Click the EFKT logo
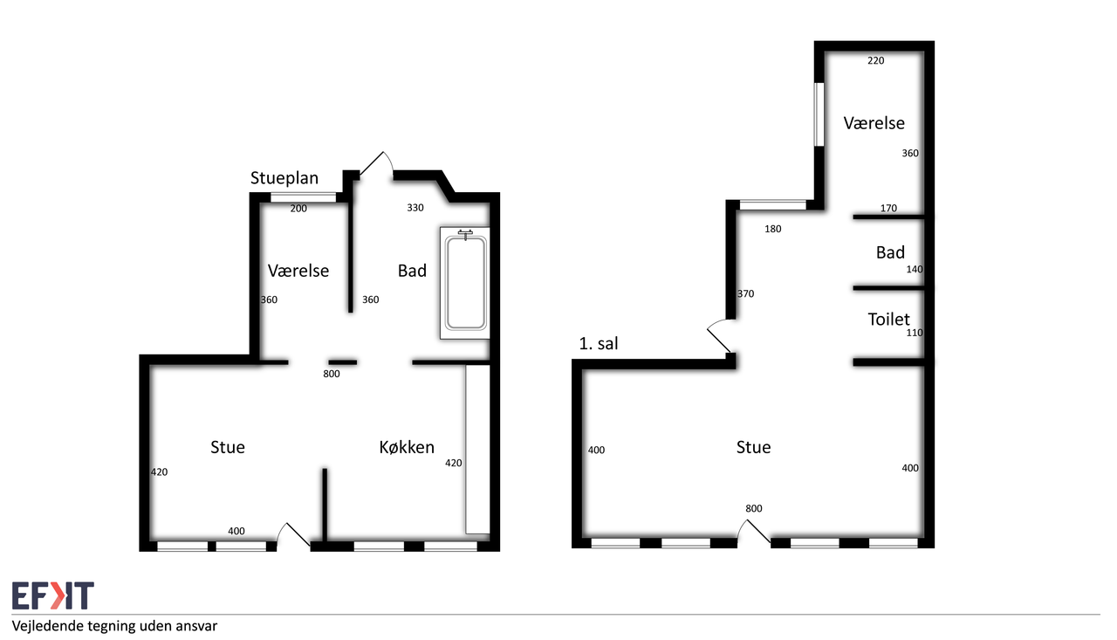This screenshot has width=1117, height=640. tap(53, 595)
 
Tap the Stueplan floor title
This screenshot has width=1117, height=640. tap(284, 178)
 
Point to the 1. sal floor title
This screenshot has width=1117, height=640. tap(599, 343)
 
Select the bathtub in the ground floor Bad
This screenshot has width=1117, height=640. tap(465, 284)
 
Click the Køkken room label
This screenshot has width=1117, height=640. tap(407, 447)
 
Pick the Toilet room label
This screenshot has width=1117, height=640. tap(888, 320)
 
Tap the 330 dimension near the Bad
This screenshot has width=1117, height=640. tap(415, 208)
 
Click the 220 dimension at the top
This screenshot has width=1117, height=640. tap(875, 60)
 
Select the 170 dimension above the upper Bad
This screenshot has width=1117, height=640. tap(888, 208)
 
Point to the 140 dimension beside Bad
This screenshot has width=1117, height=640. tap(915, 270)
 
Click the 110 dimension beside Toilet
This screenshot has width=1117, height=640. tap(915, 333)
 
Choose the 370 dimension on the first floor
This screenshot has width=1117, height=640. tap(745, 294)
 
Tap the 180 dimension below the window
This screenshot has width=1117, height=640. tap(773, 229)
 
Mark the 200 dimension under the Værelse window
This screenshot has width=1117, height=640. tap(298, 209)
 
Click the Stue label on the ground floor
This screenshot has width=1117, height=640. tap(228, 447)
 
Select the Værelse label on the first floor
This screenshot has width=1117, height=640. tap(874, 123)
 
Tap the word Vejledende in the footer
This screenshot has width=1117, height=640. tap(48, 626)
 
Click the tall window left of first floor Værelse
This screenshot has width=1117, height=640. tap(819, 114)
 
